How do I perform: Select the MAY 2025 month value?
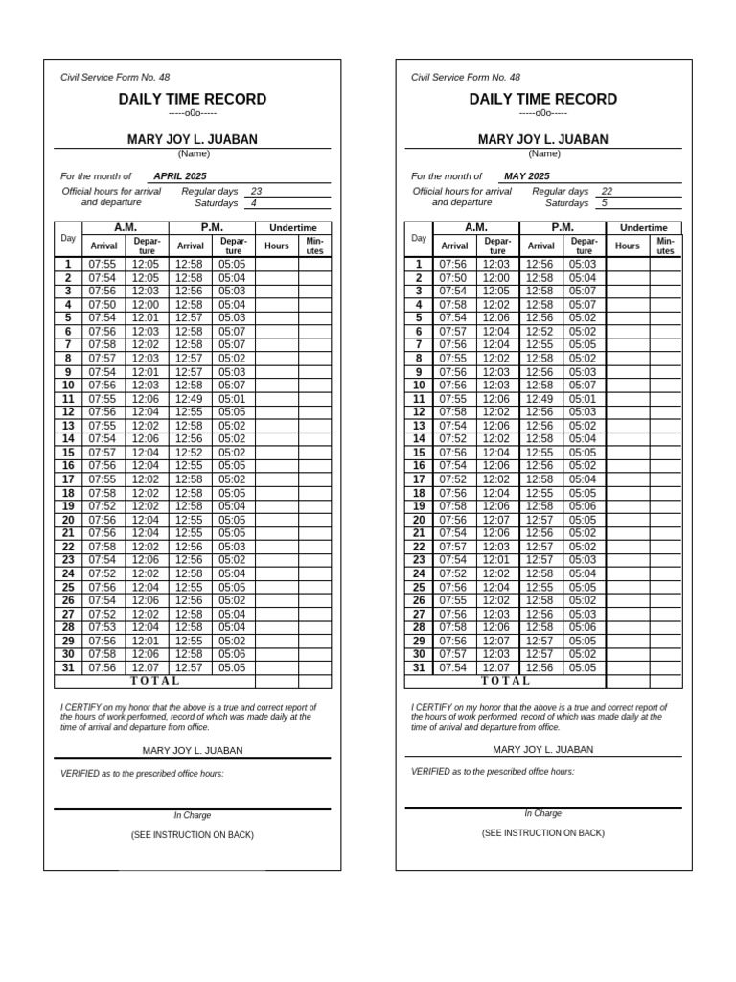527,176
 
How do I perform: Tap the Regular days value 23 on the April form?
256,191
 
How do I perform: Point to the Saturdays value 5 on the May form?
604,203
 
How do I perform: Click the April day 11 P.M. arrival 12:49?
189,399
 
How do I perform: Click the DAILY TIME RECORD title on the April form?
193,100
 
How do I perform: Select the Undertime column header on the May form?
643,227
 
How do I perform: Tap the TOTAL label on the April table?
154,681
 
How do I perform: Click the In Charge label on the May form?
542,813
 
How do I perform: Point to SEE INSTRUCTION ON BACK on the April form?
193,835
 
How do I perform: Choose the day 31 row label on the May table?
419,667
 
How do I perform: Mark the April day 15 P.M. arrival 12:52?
189,453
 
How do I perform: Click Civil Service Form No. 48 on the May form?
466,77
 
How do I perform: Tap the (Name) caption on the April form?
193,153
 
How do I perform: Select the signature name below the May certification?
543,749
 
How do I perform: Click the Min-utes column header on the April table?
314,245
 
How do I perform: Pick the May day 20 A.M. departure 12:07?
496,520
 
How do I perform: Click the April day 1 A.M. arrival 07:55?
103,264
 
